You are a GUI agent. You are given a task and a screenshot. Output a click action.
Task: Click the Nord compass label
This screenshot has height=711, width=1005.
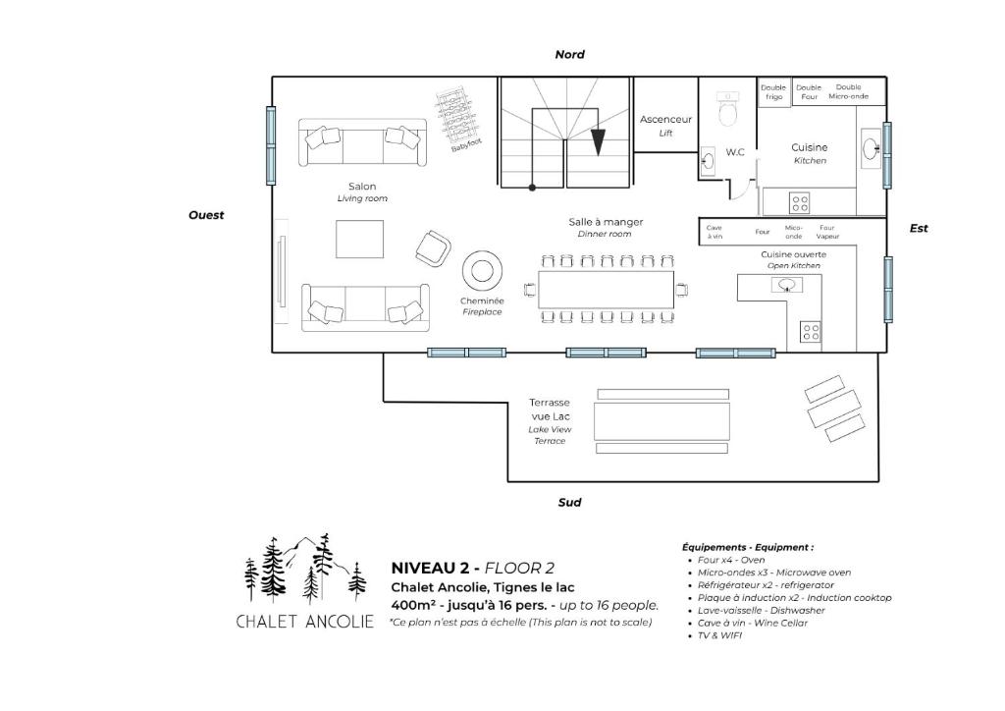click(x=570, y=54)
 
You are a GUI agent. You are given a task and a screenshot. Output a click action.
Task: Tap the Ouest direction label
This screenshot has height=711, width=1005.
click(x=206, y=215)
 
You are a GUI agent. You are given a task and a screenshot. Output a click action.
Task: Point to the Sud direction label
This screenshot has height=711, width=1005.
click(x=569, y=502)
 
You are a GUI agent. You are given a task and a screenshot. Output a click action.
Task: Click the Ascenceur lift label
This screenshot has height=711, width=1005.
click(x=665, y=119)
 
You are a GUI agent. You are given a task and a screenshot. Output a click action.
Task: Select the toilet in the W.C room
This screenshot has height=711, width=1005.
click(x=729, y=108)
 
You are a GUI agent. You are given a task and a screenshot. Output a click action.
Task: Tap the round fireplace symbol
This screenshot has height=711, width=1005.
click(x=482, y=270)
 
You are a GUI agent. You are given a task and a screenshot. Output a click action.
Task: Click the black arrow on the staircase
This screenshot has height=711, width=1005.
click(x=598, y=142)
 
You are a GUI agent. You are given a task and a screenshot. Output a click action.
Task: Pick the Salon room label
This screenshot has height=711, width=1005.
click(x=362, y=187)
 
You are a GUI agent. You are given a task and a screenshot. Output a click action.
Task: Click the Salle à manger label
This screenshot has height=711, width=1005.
click(x=606, y=222)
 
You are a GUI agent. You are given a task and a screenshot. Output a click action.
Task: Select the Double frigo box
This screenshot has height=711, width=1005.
click(x=773, y=92)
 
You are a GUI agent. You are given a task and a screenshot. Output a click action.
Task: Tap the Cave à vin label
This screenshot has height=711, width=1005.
click(x=714, y=232)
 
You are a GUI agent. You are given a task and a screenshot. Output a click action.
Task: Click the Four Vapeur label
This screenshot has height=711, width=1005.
click(x=827, y=232)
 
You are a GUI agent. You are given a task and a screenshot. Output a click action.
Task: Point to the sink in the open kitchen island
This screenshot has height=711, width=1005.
click(x=786, y=285)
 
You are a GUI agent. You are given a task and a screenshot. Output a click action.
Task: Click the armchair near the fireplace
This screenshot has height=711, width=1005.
click(x=433, y=248)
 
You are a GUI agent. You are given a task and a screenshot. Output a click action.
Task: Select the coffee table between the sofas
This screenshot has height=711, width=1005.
click(x=359, y=240)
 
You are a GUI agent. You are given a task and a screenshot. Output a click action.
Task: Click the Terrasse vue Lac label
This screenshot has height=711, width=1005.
click(x=550, y=410)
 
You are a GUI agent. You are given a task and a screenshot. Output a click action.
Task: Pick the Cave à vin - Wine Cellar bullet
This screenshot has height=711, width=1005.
click(x=752, y=623)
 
